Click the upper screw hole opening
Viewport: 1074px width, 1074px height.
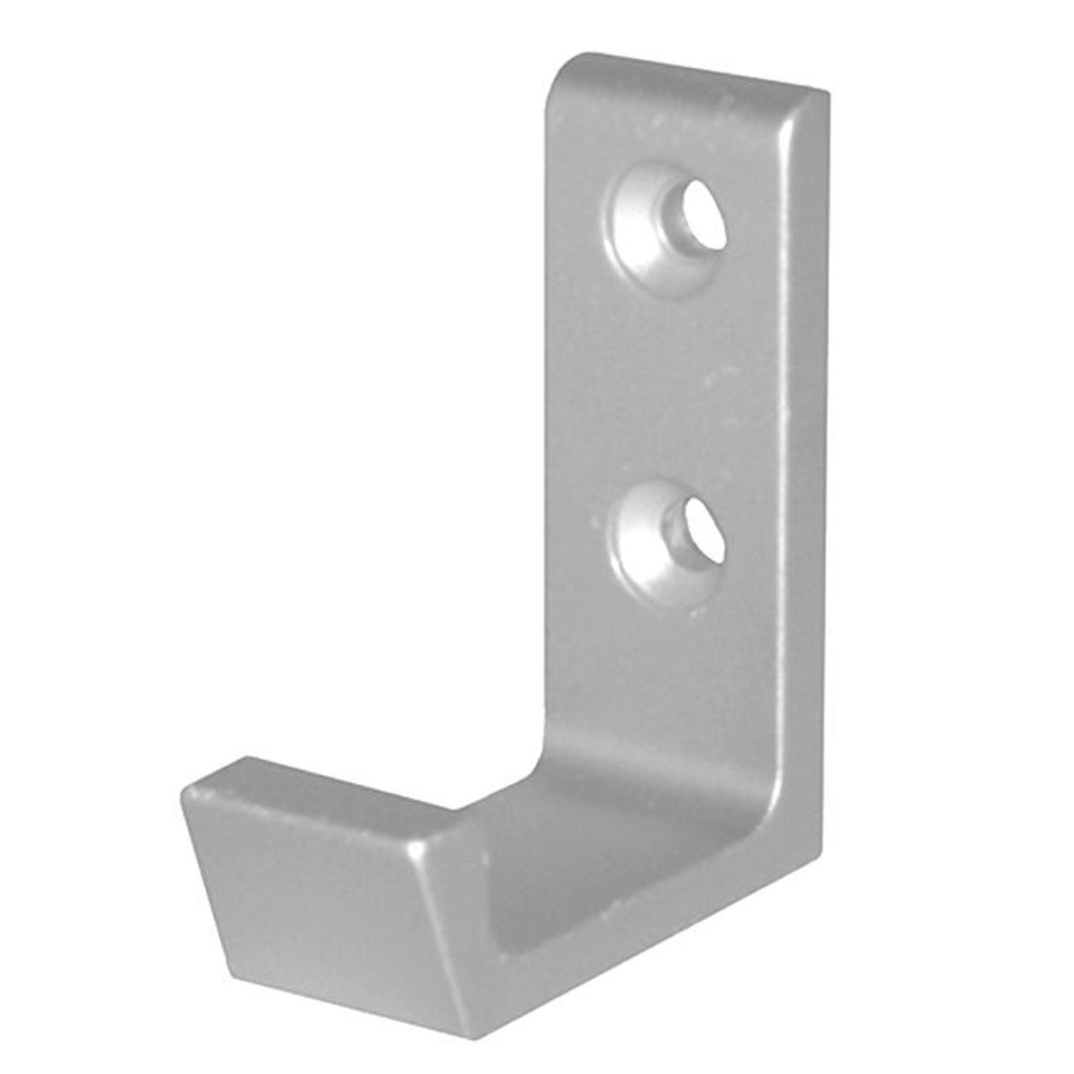[700, 217]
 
